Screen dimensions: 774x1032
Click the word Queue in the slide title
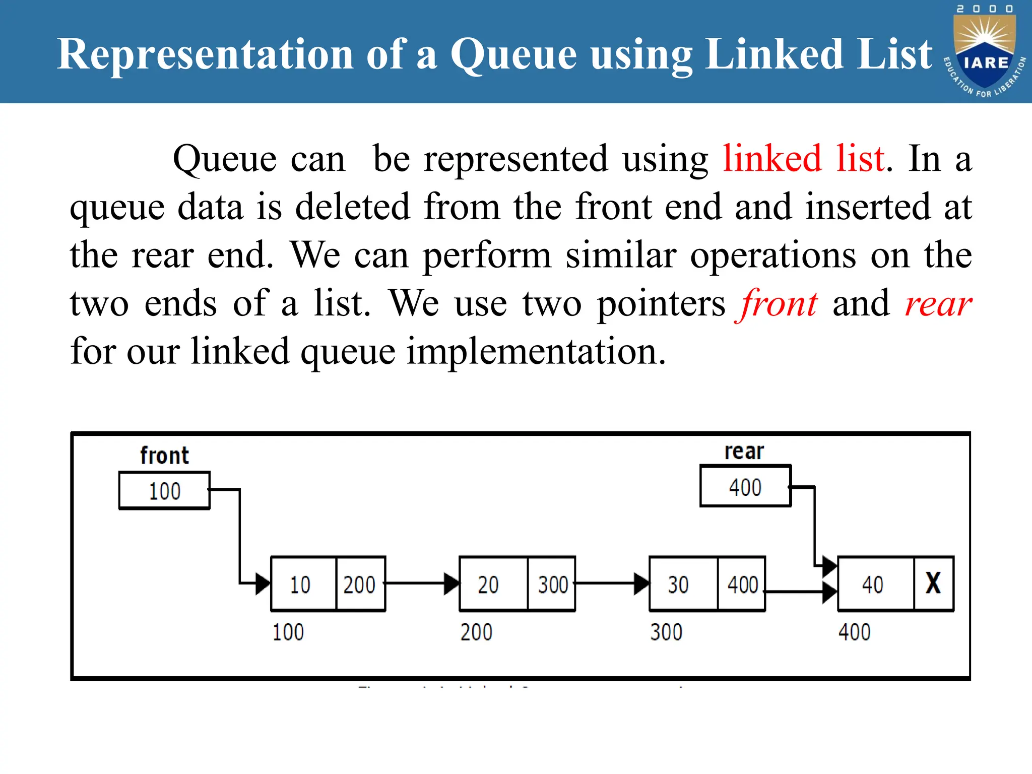(x=513, y=54)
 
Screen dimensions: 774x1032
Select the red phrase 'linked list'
(x=804, y=159)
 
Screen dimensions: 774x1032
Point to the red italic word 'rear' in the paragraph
(x=938, y=304)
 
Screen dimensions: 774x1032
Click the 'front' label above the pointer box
(x=164, y=456)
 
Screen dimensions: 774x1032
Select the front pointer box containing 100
(x=164, y=490)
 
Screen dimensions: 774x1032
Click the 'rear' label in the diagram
(x=744, y=451)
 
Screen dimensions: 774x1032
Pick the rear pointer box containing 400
(x=745, y=487)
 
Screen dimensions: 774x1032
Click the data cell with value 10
(x=301, y=585)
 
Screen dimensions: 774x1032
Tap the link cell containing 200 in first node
(x=359, y=585)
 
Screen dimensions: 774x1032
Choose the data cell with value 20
(x=488, y=585)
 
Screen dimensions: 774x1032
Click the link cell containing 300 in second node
(x=552, y=585)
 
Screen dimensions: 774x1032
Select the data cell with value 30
(x=678, y=585)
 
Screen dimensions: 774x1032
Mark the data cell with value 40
(x=873, y=585)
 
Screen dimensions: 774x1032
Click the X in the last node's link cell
(x=933, y=584)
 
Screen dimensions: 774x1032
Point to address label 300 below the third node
(x=666, y=632)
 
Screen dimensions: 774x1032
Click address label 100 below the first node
(x=288, y=632)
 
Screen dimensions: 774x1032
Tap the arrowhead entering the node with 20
(x=451, y=584)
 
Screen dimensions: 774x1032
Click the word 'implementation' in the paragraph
(x=536, y=352)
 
